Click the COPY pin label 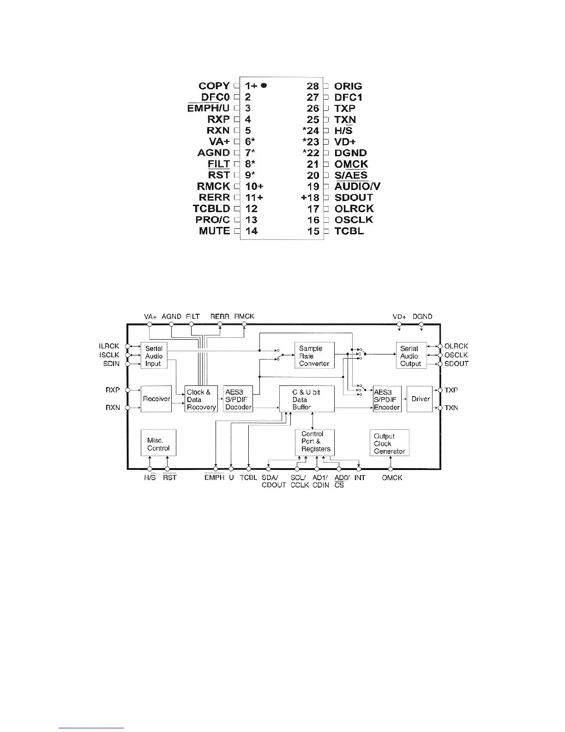[214, 86]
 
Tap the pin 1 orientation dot [264, 85]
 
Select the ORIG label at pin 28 [348, 86]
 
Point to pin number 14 [251, 231]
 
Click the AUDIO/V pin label [357, 187]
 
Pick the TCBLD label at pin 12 [211, 209]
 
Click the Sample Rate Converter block [314, 356]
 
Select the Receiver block [156, 399]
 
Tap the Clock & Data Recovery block [201, 399]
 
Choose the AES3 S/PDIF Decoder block [238, 399]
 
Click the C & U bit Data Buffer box [307, 399]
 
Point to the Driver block [420, 399]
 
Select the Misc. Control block [158, 444]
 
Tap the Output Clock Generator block [389, 444]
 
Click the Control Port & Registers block [315, 441]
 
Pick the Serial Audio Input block [154, 356]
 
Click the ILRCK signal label [109, 346]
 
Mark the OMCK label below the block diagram [392, 478]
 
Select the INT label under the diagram [360, 478]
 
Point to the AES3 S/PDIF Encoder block [387, 399]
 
